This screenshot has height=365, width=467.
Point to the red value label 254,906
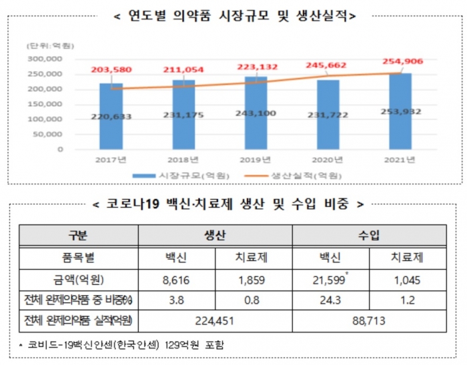tap(400, 61)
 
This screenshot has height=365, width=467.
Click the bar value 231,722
tap(328, 115)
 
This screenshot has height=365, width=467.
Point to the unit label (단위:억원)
tap(50, 45)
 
